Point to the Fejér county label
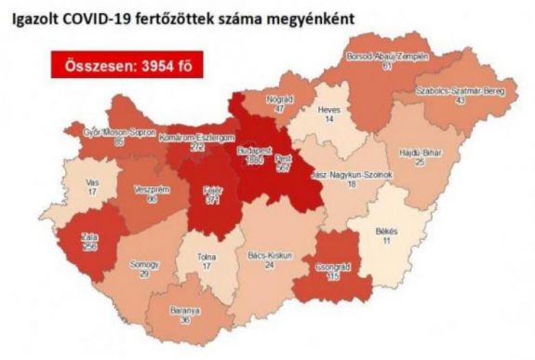[213, 189]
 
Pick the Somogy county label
[140, 265]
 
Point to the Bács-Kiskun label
[270, 254]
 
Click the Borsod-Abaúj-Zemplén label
[387, 57]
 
